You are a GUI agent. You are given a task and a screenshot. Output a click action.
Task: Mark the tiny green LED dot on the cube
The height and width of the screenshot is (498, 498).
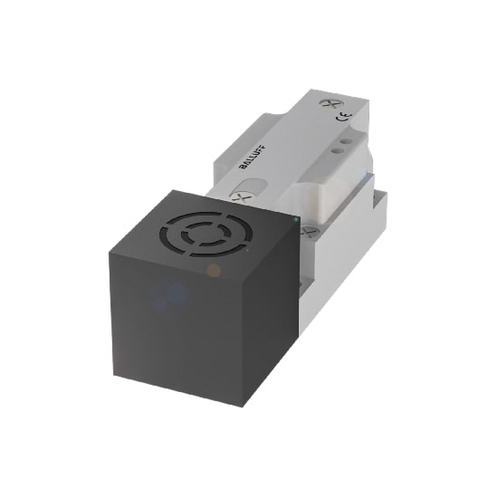(x=295, y=218)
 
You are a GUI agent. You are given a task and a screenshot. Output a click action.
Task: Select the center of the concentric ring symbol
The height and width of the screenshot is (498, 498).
(x=207, y=233)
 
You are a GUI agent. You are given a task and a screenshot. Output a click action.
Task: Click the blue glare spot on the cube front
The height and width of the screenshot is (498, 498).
(x=177, y=292)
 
